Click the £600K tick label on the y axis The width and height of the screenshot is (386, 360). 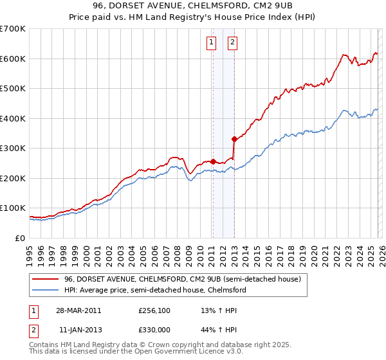pos(13,59)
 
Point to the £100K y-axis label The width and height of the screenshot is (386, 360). pos(13,208)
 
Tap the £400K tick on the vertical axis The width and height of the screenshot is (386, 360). pos(13,118)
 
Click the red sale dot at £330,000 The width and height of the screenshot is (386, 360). pos(234,139)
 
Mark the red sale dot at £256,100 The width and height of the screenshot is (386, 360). pos(213,161)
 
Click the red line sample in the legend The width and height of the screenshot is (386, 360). pos(46,280)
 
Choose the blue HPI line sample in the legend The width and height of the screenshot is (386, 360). pos(46,291)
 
